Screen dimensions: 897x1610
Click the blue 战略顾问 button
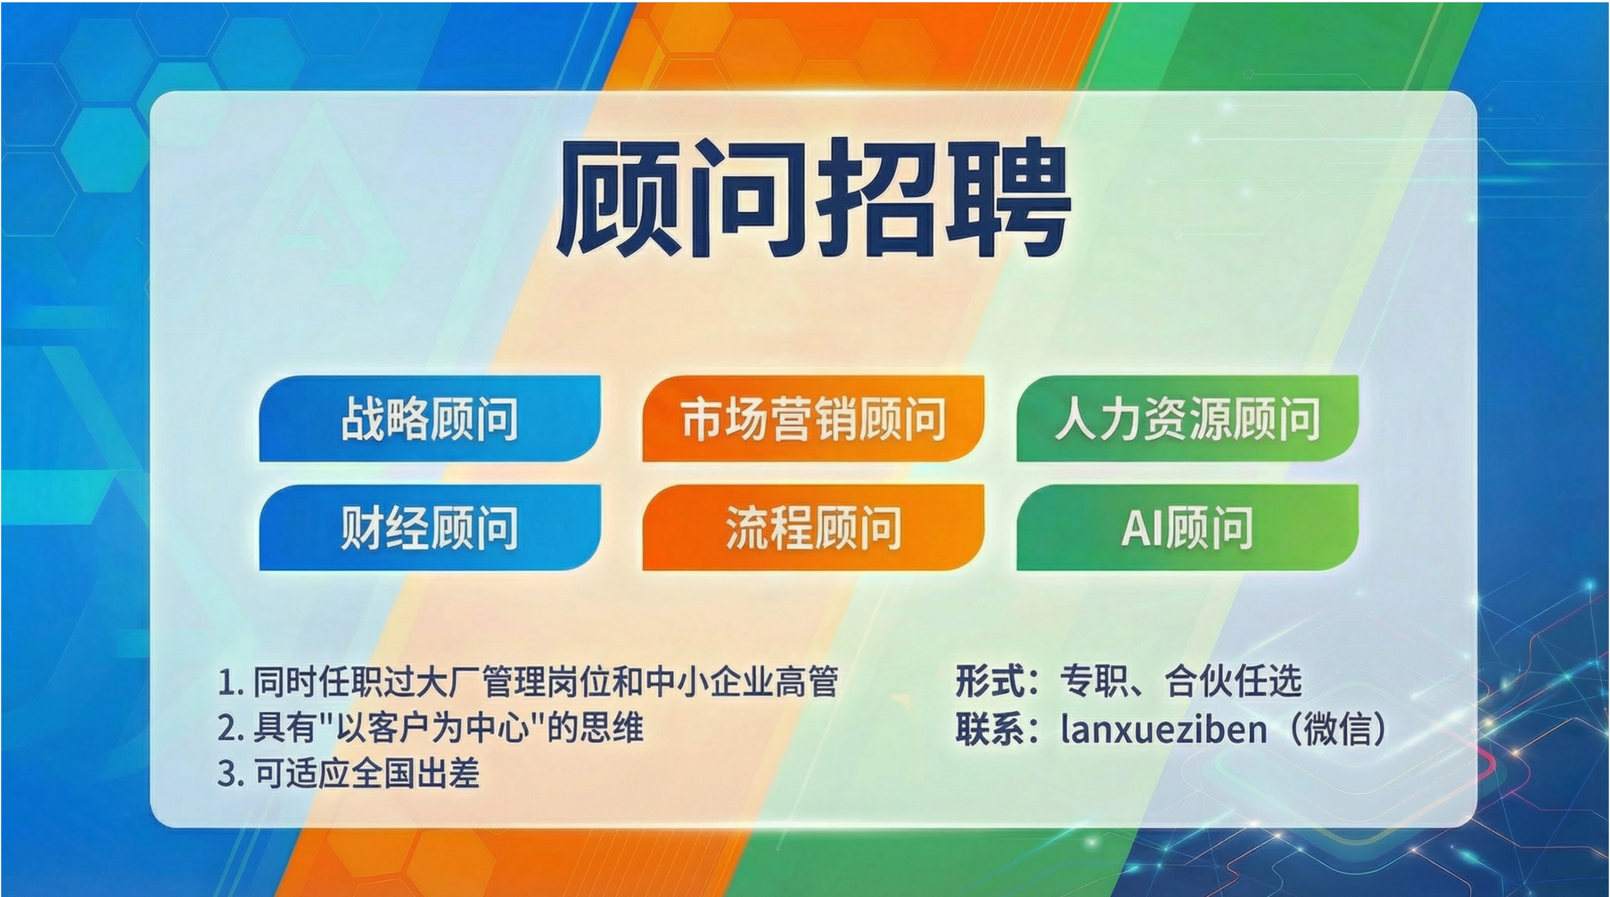coord(430,419)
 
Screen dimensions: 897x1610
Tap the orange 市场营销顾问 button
coord(813,419)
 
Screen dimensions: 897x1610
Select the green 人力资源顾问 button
coord(1187,419)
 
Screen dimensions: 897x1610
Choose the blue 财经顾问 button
coord(430,527)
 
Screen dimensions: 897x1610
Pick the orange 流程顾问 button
coord(813,527)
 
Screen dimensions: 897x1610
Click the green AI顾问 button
coord(1187,527)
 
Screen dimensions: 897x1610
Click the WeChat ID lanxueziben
coord(1163,730)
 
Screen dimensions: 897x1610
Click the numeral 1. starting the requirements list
coord(230,683)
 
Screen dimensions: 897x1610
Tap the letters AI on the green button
coord(1140,528)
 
